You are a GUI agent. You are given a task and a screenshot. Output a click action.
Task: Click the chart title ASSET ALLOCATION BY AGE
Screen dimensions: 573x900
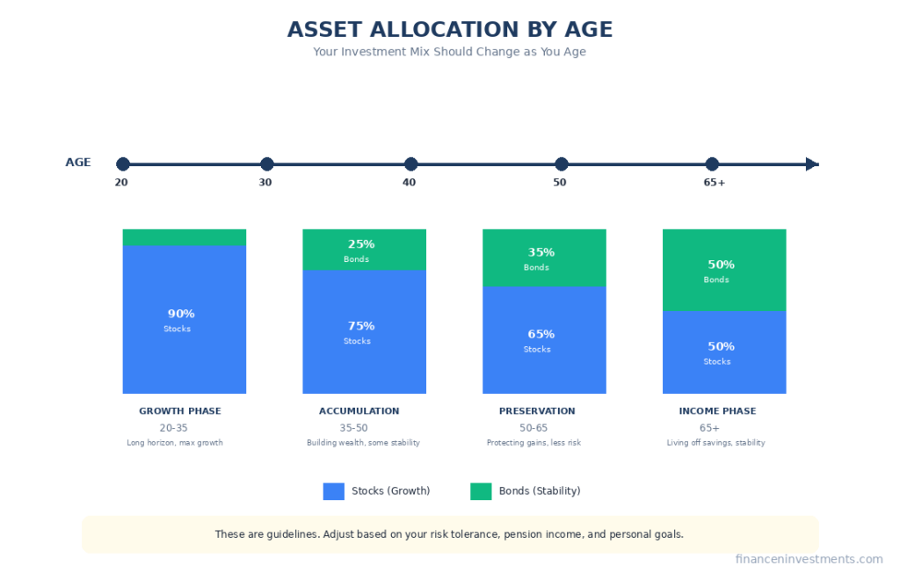[449, 30]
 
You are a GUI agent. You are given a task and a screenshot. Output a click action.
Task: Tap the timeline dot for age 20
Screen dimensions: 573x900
[123, 164]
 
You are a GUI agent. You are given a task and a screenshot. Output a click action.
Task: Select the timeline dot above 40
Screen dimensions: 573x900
[410, 164]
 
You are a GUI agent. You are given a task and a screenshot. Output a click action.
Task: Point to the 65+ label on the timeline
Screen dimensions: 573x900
[714, 183]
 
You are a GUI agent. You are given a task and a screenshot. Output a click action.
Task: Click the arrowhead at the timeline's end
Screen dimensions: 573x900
[812, 164]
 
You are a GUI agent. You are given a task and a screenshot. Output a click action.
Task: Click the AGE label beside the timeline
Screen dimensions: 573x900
[78, 163]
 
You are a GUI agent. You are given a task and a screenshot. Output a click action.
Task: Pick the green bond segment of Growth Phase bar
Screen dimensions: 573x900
[184, 237]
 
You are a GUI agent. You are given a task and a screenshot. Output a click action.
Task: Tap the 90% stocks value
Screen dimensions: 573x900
[181, 314]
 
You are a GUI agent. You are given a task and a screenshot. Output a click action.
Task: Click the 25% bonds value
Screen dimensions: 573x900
[360, 244]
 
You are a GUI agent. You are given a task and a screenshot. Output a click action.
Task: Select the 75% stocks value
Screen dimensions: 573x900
[360, 326]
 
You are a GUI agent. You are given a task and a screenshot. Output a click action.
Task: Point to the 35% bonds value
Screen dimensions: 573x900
[541, 252]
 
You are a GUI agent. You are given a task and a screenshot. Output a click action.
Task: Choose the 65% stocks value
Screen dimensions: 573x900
[541, 334]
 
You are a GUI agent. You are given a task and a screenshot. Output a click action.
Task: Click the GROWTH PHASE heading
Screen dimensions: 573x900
[180, 411]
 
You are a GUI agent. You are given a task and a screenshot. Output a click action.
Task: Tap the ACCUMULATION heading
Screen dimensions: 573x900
[359, 411]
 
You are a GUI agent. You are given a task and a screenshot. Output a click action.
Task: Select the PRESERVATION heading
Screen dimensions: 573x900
[537, 411]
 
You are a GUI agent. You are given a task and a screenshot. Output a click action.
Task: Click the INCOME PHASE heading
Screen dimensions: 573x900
[717, 411]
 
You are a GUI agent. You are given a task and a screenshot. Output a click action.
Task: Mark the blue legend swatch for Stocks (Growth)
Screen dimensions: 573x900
[333, 491]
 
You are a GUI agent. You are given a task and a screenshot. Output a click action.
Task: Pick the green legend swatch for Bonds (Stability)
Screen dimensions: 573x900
[481, 491]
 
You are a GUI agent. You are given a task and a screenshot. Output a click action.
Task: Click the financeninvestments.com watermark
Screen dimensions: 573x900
[809, 559]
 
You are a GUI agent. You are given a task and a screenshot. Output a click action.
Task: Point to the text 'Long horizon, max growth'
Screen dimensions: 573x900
[175, 443]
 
